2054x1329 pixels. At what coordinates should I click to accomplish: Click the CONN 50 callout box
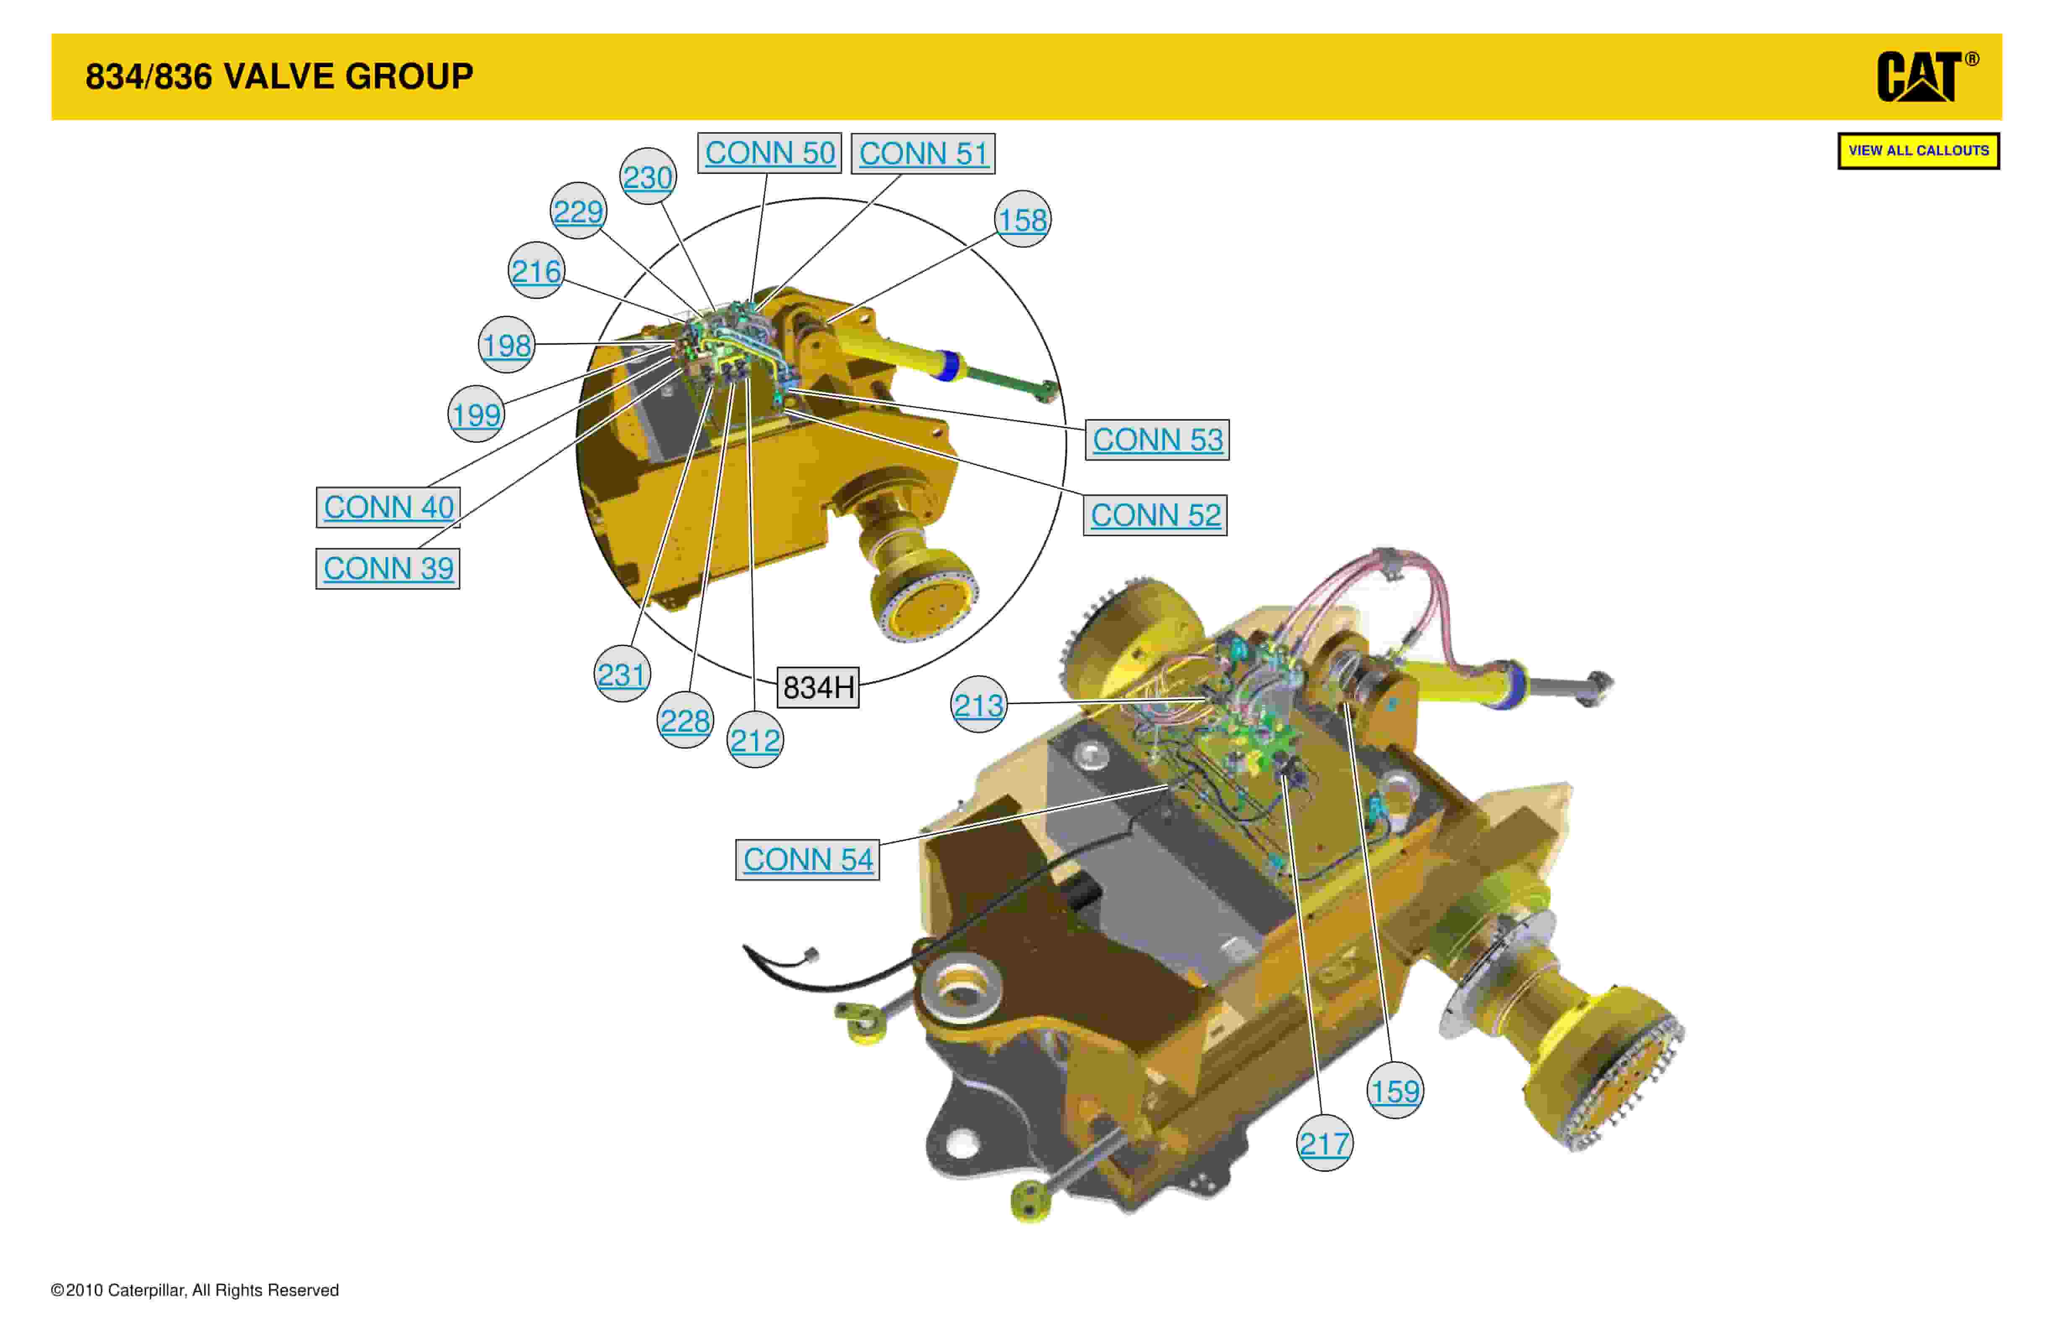(x=769, y=153)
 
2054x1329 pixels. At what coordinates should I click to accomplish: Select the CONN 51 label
(x=923, y=154)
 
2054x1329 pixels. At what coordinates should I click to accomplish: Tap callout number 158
(x=1023, y=219)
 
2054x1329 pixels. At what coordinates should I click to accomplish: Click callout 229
(x=578, y=211)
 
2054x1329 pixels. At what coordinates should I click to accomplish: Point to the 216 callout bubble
(x=536, y=271)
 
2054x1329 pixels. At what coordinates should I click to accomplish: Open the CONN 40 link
(x=388, y=507)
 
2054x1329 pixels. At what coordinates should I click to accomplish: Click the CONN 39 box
(x=388, y=568)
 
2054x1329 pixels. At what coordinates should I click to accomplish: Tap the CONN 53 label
(x=1157, y=439)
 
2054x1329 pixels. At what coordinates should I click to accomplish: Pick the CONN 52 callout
(x=1156, y=515)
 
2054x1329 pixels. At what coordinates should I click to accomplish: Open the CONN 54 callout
(x=808, y=860)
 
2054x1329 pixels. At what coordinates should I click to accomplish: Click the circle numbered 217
(x=1325, y=1144)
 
